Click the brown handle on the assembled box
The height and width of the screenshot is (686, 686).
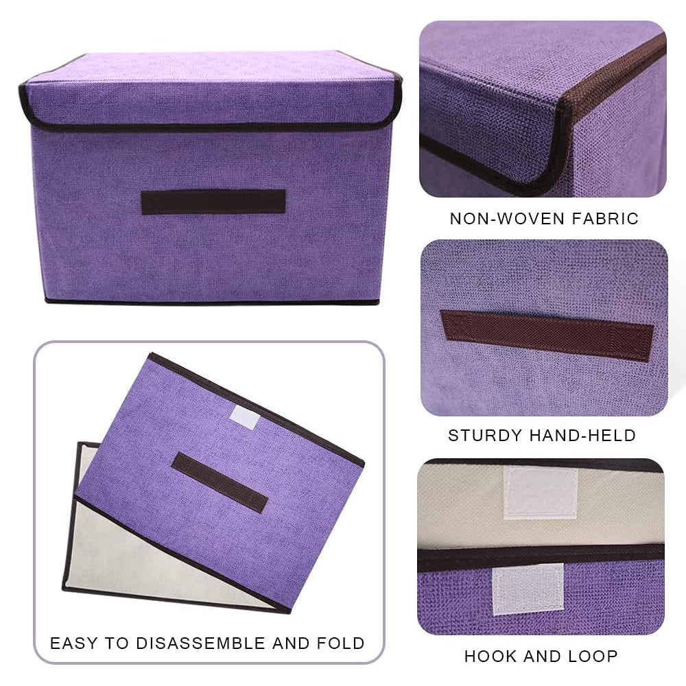[x=213, y=202]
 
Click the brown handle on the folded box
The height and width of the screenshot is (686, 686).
[x=219, y=482]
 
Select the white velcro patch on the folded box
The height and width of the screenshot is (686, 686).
[x=244, y=416]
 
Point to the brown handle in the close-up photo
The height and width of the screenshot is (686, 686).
[x=546, y=335]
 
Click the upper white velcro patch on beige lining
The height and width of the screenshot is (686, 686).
[x=541, y=492]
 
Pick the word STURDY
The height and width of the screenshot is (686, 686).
[x=486, y=435]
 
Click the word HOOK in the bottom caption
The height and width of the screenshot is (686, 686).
[x=492, y=656]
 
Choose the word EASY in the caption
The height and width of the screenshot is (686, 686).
[x=75, y=643]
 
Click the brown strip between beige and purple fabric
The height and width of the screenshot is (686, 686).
[x=541, y=554]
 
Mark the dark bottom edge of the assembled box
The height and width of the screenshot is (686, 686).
[x=213, y=302]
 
